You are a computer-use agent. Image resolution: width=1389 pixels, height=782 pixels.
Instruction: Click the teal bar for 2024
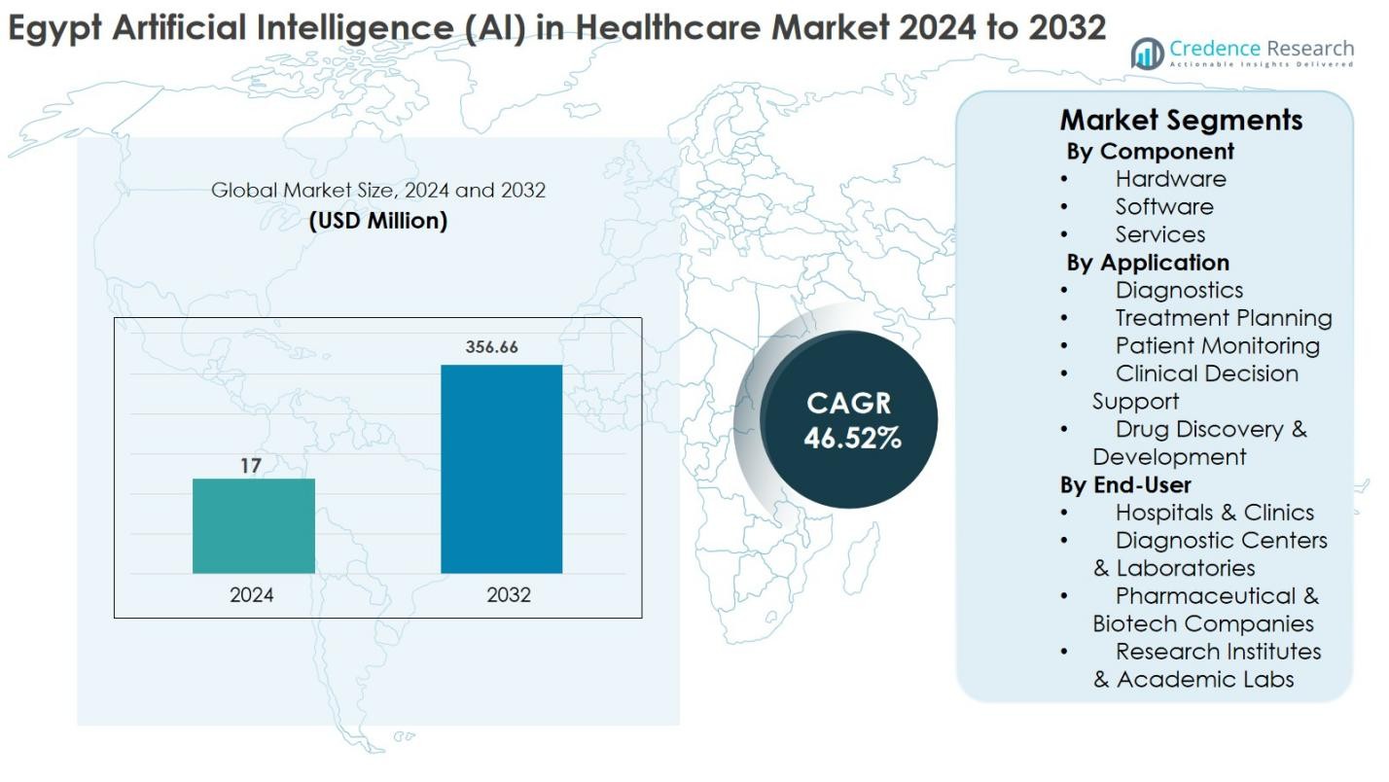[253, 525]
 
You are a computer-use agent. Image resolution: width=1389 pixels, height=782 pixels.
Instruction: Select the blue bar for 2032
[501, 469]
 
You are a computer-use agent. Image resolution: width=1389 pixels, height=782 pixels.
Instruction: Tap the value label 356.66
[491, 347]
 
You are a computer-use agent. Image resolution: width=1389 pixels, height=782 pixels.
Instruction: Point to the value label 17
[251, 466]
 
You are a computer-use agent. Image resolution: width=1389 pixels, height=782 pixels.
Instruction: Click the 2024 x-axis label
[251, 594]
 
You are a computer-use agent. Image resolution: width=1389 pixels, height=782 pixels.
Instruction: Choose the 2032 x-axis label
[509, 594]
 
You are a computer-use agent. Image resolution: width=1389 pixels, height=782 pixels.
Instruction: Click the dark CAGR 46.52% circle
[850, 420]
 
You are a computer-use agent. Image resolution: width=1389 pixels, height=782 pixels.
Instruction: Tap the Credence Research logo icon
[1147, 53]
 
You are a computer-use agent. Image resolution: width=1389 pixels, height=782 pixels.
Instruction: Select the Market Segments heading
[1181, 120]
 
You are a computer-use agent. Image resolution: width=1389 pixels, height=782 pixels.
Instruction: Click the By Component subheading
[1150, 152]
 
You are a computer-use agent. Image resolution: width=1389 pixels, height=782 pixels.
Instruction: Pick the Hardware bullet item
[1170, 179]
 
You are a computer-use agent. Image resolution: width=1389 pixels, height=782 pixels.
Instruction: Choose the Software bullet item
[1163, 207]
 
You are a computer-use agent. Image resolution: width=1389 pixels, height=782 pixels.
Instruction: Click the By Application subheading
[1148, 263]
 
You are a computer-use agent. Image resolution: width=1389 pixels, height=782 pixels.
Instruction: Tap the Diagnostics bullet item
[1179, 290]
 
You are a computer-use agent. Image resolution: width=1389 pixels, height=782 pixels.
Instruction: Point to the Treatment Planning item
[1223, 318]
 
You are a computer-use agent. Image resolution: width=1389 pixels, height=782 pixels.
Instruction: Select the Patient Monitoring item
[1217, 346]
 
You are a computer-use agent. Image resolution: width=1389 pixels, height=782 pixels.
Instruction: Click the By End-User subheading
[1125, 484]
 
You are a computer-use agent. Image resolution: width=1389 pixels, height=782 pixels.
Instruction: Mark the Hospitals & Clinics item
[1214, 513]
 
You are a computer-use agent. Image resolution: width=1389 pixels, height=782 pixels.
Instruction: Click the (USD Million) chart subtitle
[378, 221]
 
